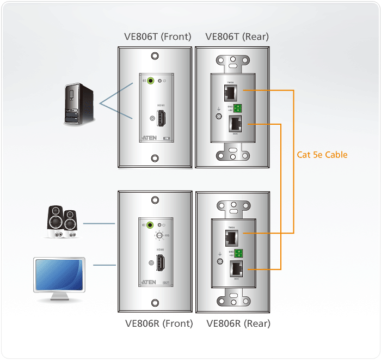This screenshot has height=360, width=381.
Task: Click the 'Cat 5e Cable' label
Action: (322, 155)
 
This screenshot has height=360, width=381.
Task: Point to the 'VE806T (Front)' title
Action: (158, 37)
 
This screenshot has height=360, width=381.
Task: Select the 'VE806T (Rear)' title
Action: (237, 37)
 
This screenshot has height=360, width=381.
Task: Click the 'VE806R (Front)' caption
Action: (159, 323)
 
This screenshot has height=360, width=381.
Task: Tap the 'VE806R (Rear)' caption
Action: (238, 323)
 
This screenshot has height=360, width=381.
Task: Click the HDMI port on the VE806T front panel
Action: (162, 118)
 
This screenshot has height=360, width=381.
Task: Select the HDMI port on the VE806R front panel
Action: (162, 264)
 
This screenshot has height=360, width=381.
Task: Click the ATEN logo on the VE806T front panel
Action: (150, 137)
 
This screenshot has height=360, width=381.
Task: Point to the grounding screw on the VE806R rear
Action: (219, 262)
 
